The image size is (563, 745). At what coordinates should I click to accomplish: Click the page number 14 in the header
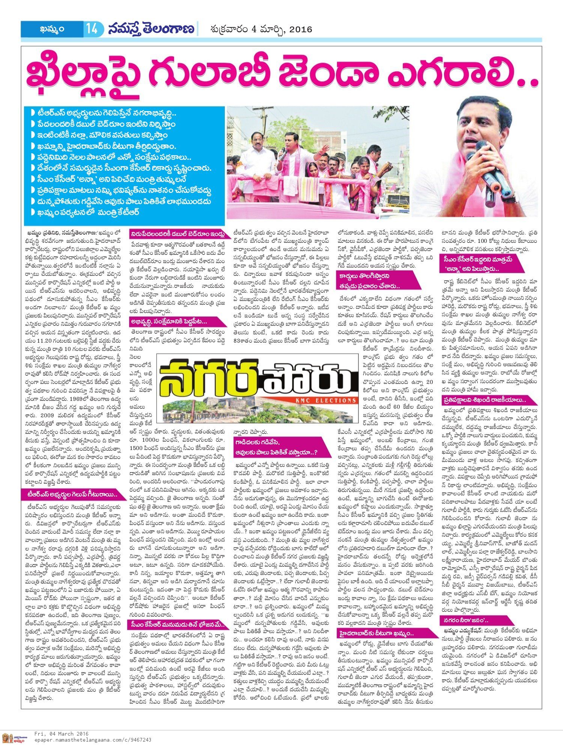coord(92,29)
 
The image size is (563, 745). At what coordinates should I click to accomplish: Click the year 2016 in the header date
coord(301,29)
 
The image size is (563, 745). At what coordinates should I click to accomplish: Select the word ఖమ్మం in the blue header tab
coord(52,29)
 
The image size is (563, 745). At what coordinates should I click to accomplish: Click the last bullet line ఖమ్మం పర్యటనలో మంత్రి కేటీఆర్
coord(88,212)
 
